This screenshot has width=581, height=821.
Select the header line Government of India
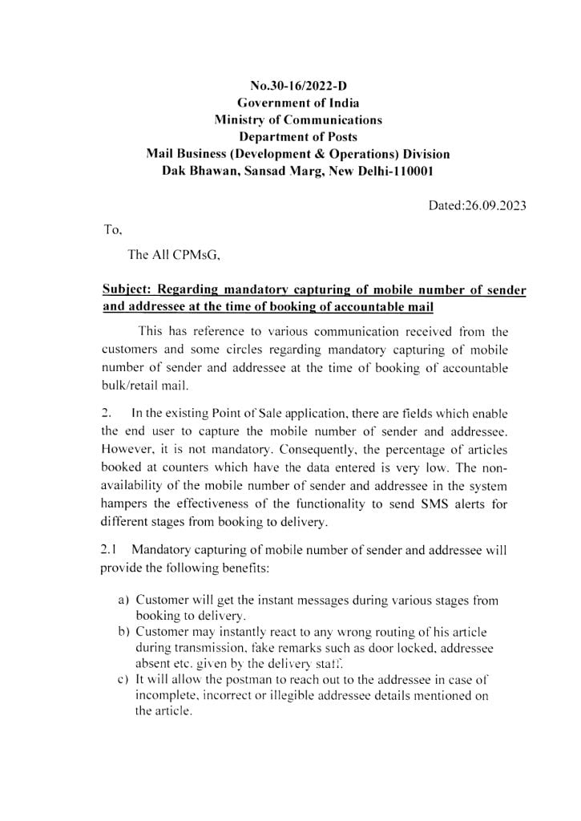click(x=298, y=103)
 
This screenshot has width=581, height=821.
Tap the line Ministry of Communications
click(x=298, y=119)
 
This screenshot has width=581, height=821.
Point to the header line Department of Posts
click(x=298, y=136)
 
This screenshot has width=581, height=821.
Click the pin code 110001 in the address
click(x=407, y=171)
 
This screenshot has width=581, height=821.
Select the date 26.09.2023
click(x=496, y=204)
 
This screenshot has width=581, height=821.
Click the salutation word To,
click(x=112, y=230)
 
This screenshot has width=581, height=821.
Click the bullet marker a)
click(x=124, y=600)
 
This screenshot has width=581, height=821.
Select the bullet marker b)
click(x=124, y=632)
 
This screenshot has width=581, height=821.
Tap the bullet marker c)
click(x=124, y=679)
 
